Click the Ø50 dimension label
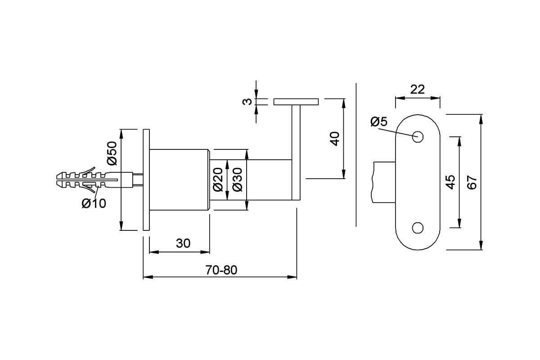tap(112, 153)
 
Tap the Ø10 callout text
tap(94, 203)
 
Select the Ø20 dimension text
tap(218, 180)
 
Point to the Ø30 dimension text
tap(238, 180)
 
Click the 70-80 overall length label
tap(221, 270)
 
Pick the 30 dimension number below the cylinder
tap(183, 243)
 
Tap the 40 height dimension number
tap(335, 139)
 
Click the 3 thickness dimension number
tap(247, 102)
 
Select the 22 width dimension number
tap(417, 90)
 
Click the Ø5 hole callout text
tap(379, 121)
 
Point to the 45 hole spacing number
tap(450, 182)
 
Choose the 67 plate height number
tap(472, 183)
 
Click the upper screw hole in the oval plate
tap(418, 137)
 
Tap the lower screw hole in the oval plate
tap(418, 228)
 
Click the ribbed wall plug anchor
tap(94, 180)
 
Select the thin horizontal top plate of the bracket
tap(296, 102)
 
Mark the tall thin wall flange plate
tap(146, 180)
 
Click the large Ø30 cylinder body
tap(180, 180)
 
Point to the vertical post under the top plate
tap(296, 153)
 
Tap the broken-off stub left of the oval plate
tap(384, 182)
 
